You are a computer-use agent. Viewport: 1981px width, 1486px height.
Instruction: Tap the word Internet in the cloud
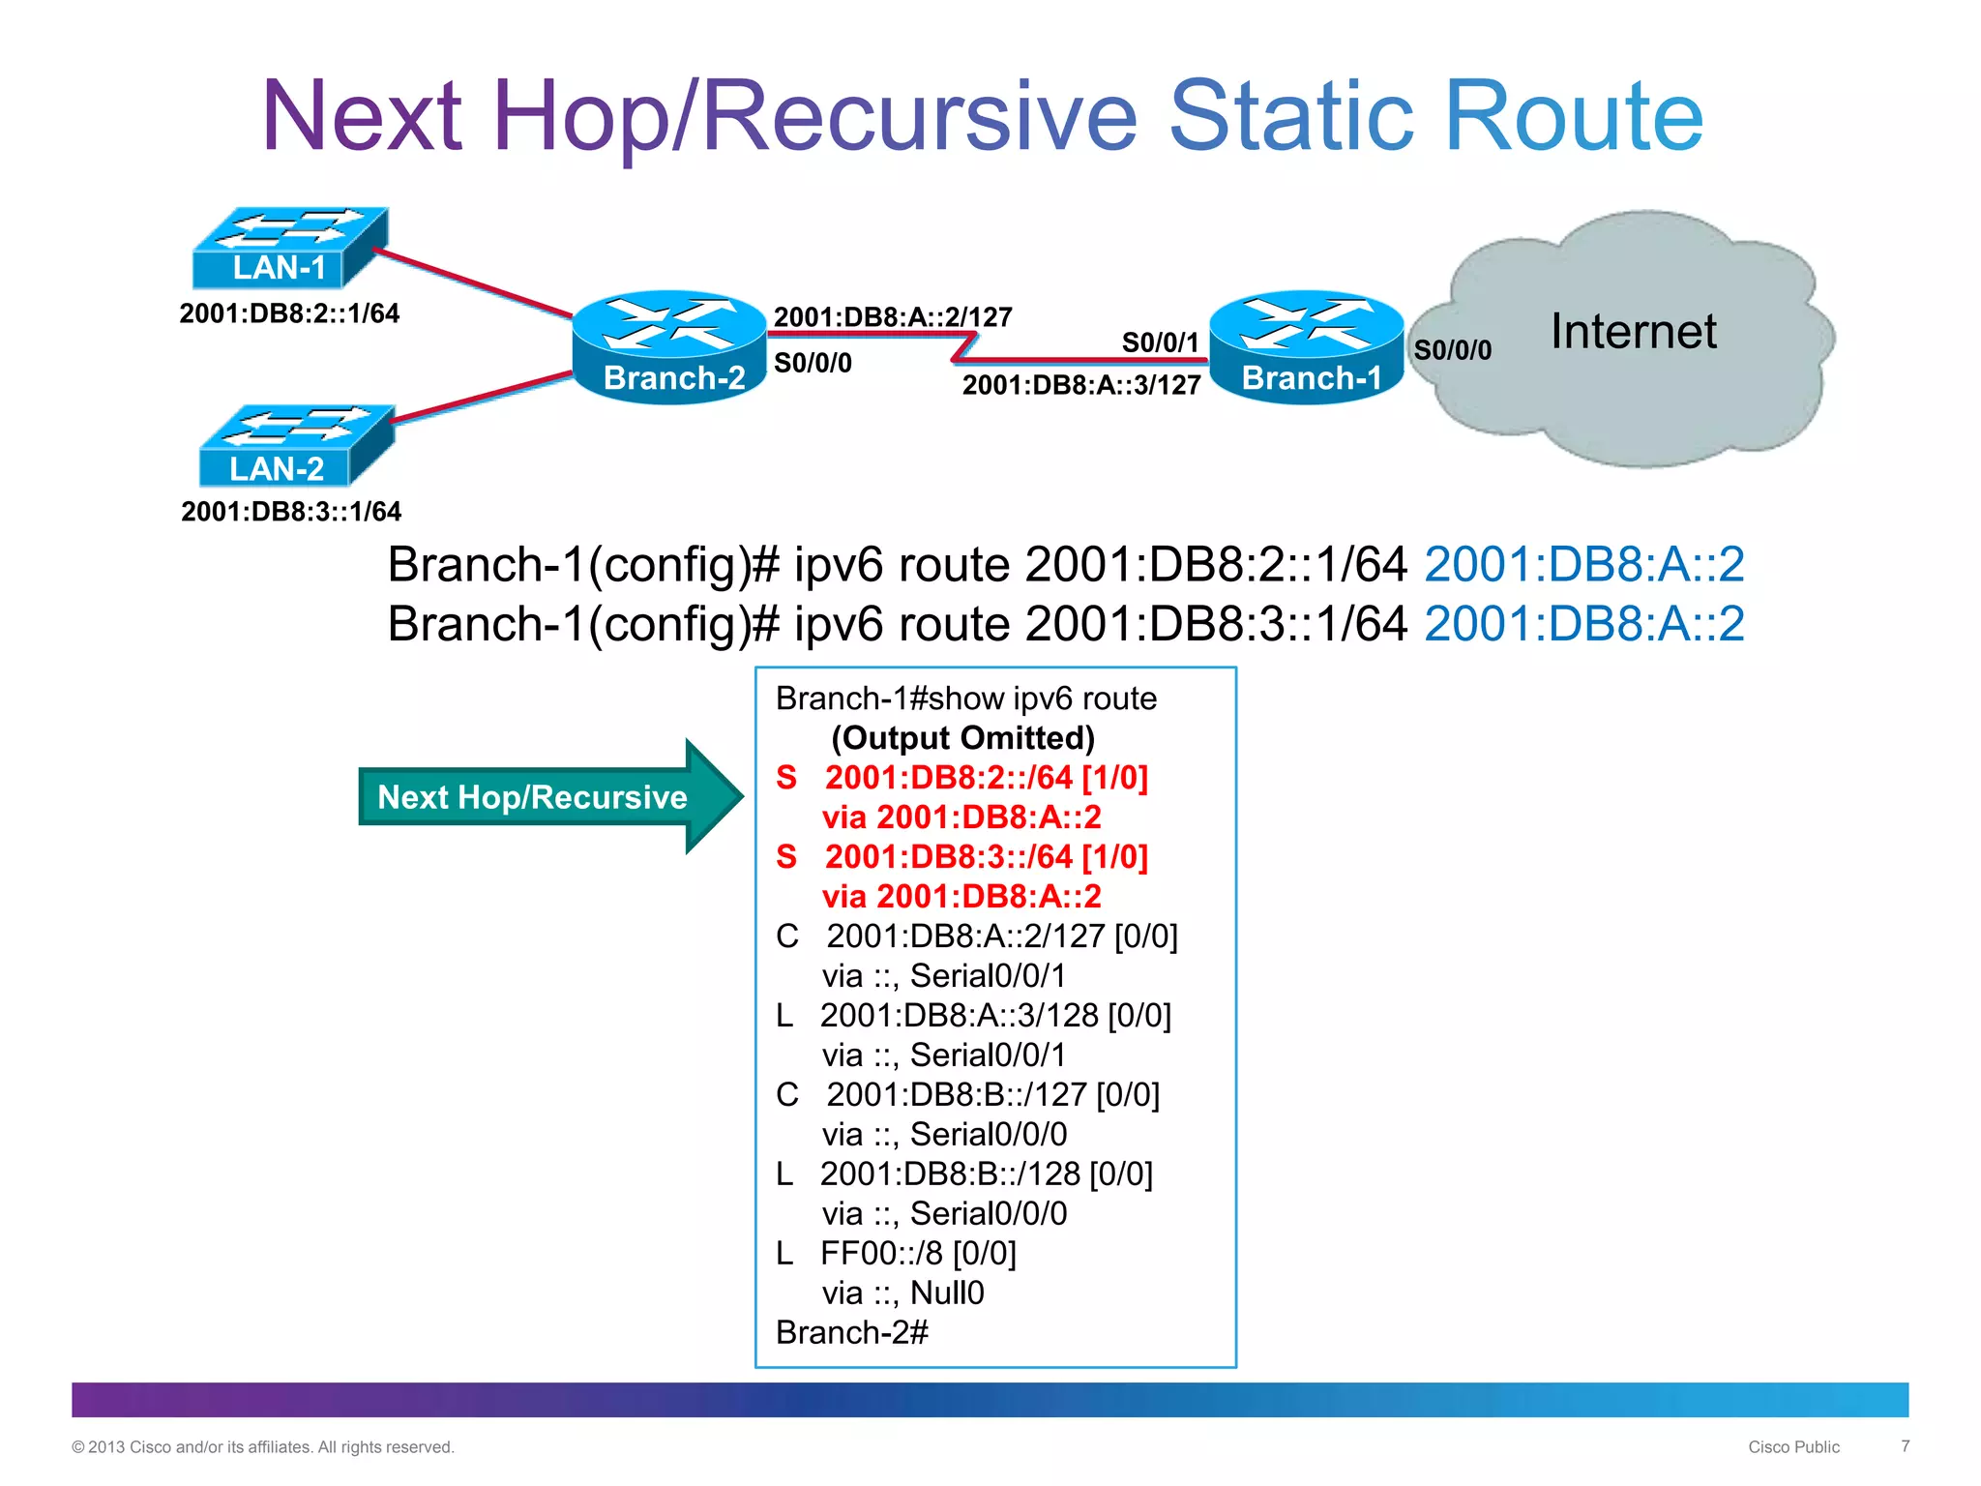[x=1633, y=332]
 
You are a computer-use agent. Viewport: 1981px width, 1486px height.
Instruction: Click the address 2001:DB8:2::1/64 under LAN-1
[x=289, y=313]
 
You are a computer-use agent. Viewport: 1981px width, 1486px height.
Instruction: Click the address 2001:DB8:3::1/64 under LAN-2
[x=291, y=512]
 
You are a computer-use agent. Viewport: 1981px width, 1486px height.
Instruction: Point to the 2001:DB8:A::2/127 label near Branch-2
[x=893, y=317]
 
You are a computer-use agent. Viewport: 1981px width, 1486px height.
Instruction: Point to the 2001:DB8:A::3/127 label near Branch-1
[x=1080, y=385]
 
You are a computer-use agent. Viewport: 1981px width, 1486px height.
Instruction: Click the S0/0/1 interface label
[x=1160, y=342]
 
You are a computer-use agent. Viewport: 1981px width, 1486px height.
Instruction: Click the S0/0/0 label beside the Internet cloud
[x=1452, y=350]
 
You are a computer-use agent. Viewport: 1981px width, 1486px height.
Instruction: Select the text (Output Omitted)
[x=962, y=738]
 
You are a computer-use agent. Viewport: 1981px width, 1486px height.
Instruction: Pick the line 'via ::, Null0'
[x=902, y=1293]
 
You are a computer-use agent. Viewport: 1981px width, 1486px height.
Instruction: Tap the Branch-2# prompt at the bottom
[x=851, y=1332]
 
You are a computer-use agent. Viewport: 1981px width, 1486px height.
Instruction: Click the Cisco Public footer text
[x=1793, y=1447]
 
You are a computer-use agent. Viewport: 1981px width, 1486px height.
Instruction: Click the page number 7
[x=1905, y=1446]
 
